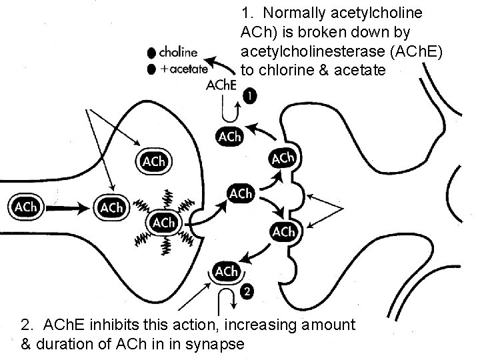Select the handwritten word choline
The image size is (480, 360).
point(181,51)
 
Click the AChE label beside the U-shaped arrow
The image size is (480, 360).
point(221,85)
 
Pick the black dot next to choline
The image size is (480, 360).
point(153,52)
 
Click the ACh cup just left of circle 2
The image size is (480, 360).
point(226,271)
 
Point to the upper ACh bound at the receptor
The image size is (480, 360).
point(283,159)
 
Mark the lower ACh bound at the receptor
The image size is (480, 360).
point(283,231)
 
